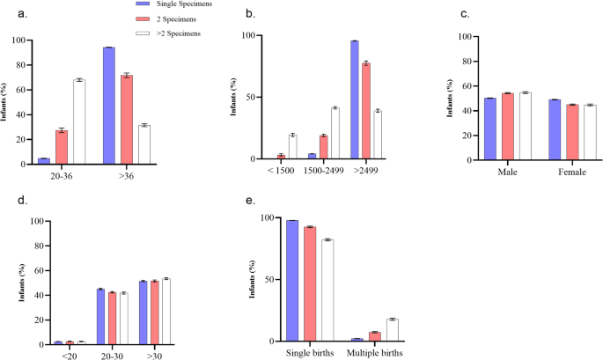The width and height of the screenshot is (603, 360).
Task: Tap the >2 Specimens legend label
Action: pyautogui.click(x=176, y=33)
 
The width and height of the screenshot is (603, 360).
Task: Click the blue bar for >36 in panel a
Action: pyautogui.click(x=109, y=105)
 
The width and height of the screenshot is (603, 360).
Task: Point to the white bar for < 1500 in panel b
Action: pyautogui.click(x=292, y=147)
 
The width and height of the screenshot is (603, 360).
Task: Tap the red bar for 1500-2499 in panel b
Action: pyautogui.click(x=323, y=147)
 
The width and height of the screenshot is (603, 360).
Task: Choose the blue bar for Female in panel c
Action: pyautogui.click(x=555, y=131)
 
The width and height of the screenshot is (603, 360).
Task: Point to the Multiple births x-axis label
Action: pyautogui.click(x=374, y=353)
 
